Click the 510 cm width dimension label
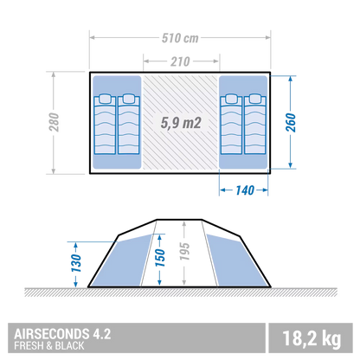180,38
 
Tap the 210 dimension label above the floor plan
180,61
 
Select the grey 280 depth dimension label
54,122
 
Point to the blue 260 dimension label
291,123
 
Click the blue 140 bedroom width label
245,190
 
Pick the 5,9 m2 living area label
181,123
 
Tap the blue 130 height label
76,263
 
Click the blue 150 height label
159,258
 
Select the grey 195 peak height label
184,251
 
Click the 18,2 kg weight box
311,338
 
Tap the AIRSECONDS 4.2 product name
62,334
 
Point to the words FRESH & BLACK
49,345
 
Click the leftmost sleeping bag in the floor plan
105,124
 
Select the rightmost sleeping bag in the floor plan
255,124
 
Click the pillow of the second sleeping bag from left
129,99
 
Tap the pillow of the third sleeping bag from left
231,99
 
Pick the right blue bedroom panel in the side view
236,261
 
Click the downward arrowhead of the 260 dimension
291,165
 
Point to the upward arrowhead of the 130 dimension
76,246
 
